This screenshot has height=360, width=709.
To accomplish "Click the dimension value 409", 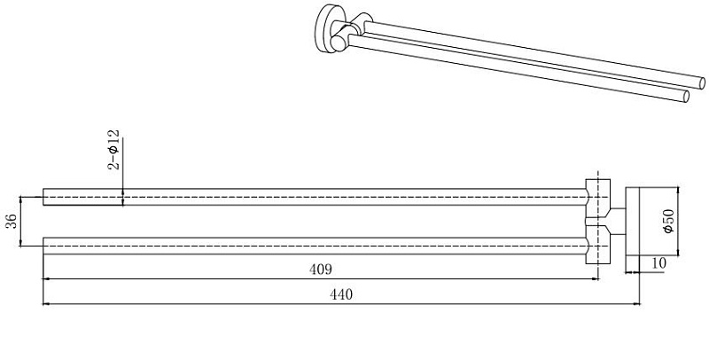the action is (x=321, y=270).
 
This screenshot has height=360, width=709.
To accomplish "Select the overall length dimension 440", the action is (x=341, y=295).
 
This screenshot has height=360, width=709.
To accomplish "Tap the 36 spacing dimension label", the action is (x=12, y=221).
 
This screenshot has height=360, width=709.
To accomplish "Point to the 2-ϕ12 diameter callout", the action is (x=113, y=149).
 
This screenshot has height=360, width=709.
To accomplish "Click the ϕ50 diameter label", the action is (x=669, y=221).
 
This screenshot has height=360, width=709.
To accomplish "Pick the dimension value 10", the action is (x=659, y=263).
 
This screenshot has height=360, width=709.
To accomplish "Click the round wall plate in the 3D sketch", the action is (x=324, y=27).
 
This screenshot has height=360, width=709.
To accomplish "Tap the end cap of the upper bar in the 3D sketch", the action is (x=702, y=83).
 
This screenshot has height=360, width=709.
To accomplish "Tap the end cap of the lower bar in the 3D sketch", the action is (x=686, y=97).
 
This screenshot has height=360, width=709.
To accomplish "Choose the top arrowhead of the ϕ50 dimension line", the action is (x=678, y=189).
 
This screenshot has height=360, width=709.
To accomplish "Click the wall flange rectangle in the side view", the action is (x=633, y=221).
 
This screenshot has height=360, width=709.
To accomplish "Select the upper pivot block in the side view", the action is (x=597, y=198).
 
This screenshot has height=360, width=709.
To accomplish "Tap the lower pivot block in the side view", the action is (x=597, y=245).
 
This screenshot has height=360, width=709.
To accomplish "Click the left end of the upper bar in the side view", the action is (x=43, y=197).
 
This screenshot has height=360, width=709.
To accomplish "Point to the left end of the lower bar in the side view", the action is (x=43, y=246).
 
